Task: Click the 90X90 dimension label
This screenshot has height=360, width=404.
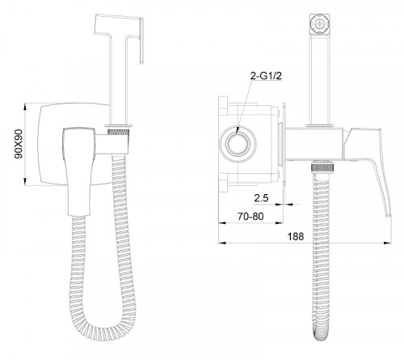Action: pos(19,144)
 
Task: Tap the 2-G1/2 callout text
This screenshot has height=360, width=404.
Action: pos(266,76)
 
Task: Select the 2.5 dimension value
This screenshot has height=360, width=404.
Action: pos(261,198)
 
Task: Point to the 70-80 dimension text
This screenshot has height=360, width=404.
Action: pos(250,216)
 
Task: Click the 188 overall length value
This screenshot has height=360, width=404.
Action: pos(296,236)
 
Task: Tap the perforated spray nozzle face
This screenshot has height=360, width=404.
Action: pos(320,23)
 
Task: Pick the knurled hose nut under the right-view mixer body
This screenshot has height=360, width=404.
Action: pos(323,167)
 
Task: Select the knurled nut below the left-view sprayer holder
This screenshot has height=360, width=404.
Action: pos(118,132)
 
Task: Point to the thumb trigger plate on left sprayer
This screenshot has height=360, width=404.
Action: pos(141,41)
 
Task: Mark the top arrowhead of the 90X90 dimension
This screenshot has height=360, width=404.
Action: pos(25,106)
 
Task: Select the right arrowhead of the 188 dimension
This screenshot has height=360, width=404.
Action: pos(388,243)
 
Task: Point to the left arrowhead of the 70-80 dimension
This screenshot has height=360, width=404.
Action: pos(222,223)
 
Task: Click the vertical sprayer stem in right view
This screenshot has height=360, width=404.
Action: pos(319,78)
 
